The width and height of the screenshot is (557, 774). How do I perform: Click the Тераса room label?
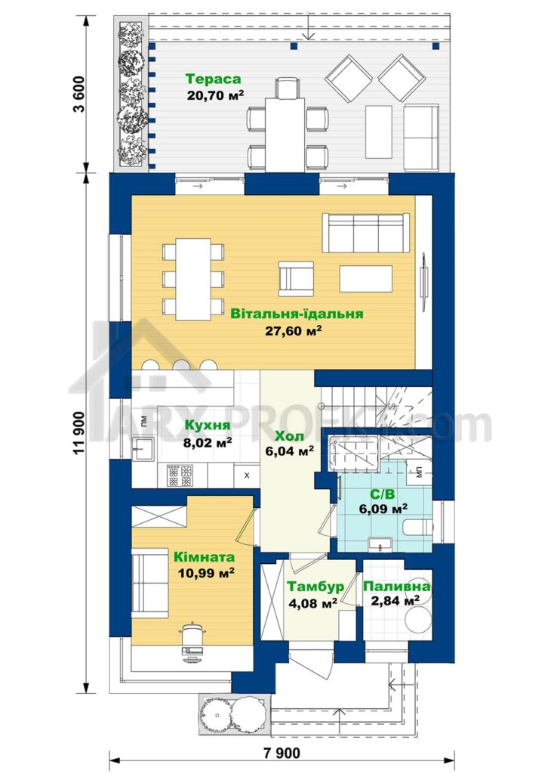point(213,79)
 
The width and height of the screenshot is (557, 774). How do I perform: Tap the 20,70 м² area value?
point(215,94)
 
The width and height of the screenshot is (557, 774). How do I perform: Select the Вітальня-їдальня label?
point(297,314)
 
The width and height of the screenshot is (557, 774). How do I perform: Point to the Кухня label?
point(208,426)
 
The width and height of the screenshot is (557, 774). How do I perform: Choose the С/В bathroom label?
point(382,494)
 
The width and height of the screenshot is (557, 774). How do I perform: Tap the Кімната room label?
point(204,557)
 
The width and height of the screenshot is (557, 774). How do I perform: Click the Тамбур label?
point(315,587)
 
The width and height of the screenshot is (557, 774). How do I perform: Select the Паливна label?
point(396,587)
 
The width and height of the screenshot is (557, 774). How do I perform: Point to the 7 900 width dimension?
point(282,754)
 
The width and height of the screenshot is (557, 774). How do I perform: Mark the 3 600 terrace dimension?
point(78,94)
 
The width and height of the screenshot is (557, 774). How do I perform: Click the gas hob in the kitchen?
point(180,475)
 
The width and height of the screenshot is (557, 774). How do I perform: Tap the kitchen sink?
point(143,448)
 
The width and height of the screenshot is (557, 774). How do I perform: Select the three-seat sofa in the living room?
point(366,233)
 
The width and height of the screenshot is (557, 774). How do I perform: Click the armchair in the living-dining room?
point(296,278)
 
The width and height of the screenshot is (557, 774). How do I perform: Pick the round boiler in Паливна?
point(418,617)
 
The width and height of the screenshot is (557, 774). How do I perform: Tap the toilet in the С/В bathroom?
point(417,528)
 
